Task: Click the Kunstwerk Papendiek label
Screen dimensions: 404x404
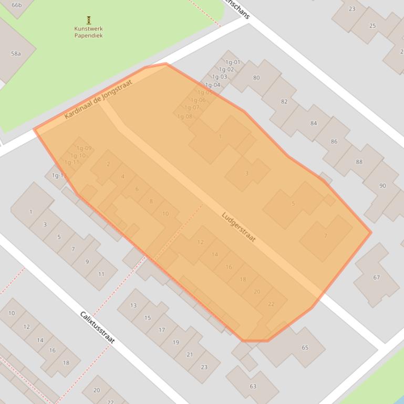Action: [x=88, y=33]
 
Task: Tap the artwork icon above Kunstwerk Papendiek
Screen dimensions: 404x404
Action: [x=88, y=20]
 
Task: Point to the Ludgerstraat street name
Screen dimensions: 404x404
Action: [x=239, y=227]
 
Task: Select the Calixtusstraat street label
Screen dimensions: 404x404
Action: [x=97, y=327]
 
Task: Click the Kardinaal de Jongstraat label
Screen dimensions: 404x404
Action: [x=98, y=99]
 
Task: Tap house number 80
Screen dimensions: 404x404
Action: [x=256, y=78]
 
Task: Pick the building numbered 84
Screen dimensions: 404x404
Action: [x=314, y=123]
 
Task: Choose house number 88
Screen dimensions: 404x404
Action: [x=359, y=162]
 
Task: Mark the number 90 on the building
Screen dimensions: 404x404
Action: [x=382, y=186]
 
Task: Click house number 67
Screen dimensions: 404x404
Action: [x=377, y=278]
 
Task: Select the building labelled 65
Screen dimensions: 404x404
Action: [x=305, y=347]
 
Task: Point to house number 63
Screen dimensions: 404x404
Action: [x=253, y=386]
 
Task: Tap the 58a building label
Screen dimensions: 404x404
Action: [x=16, y=54]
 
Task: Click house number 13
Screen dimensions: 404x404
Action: [x=133, y=305]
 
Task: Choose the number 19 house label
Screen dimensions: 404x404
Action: [x=176, y=342]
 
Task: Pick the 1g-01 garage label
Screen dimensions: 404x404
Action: [x=233, y=62]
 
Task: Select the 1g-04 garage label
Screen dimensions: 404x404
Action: [x=213, y=85]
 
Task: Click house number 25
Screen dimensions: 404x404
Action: [x=372, y=26]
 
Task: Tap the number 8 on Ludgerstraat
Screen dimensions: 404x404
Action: [x=151, y=201]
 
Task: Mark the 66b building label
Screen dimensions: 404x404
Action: [x=17, y=5]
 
